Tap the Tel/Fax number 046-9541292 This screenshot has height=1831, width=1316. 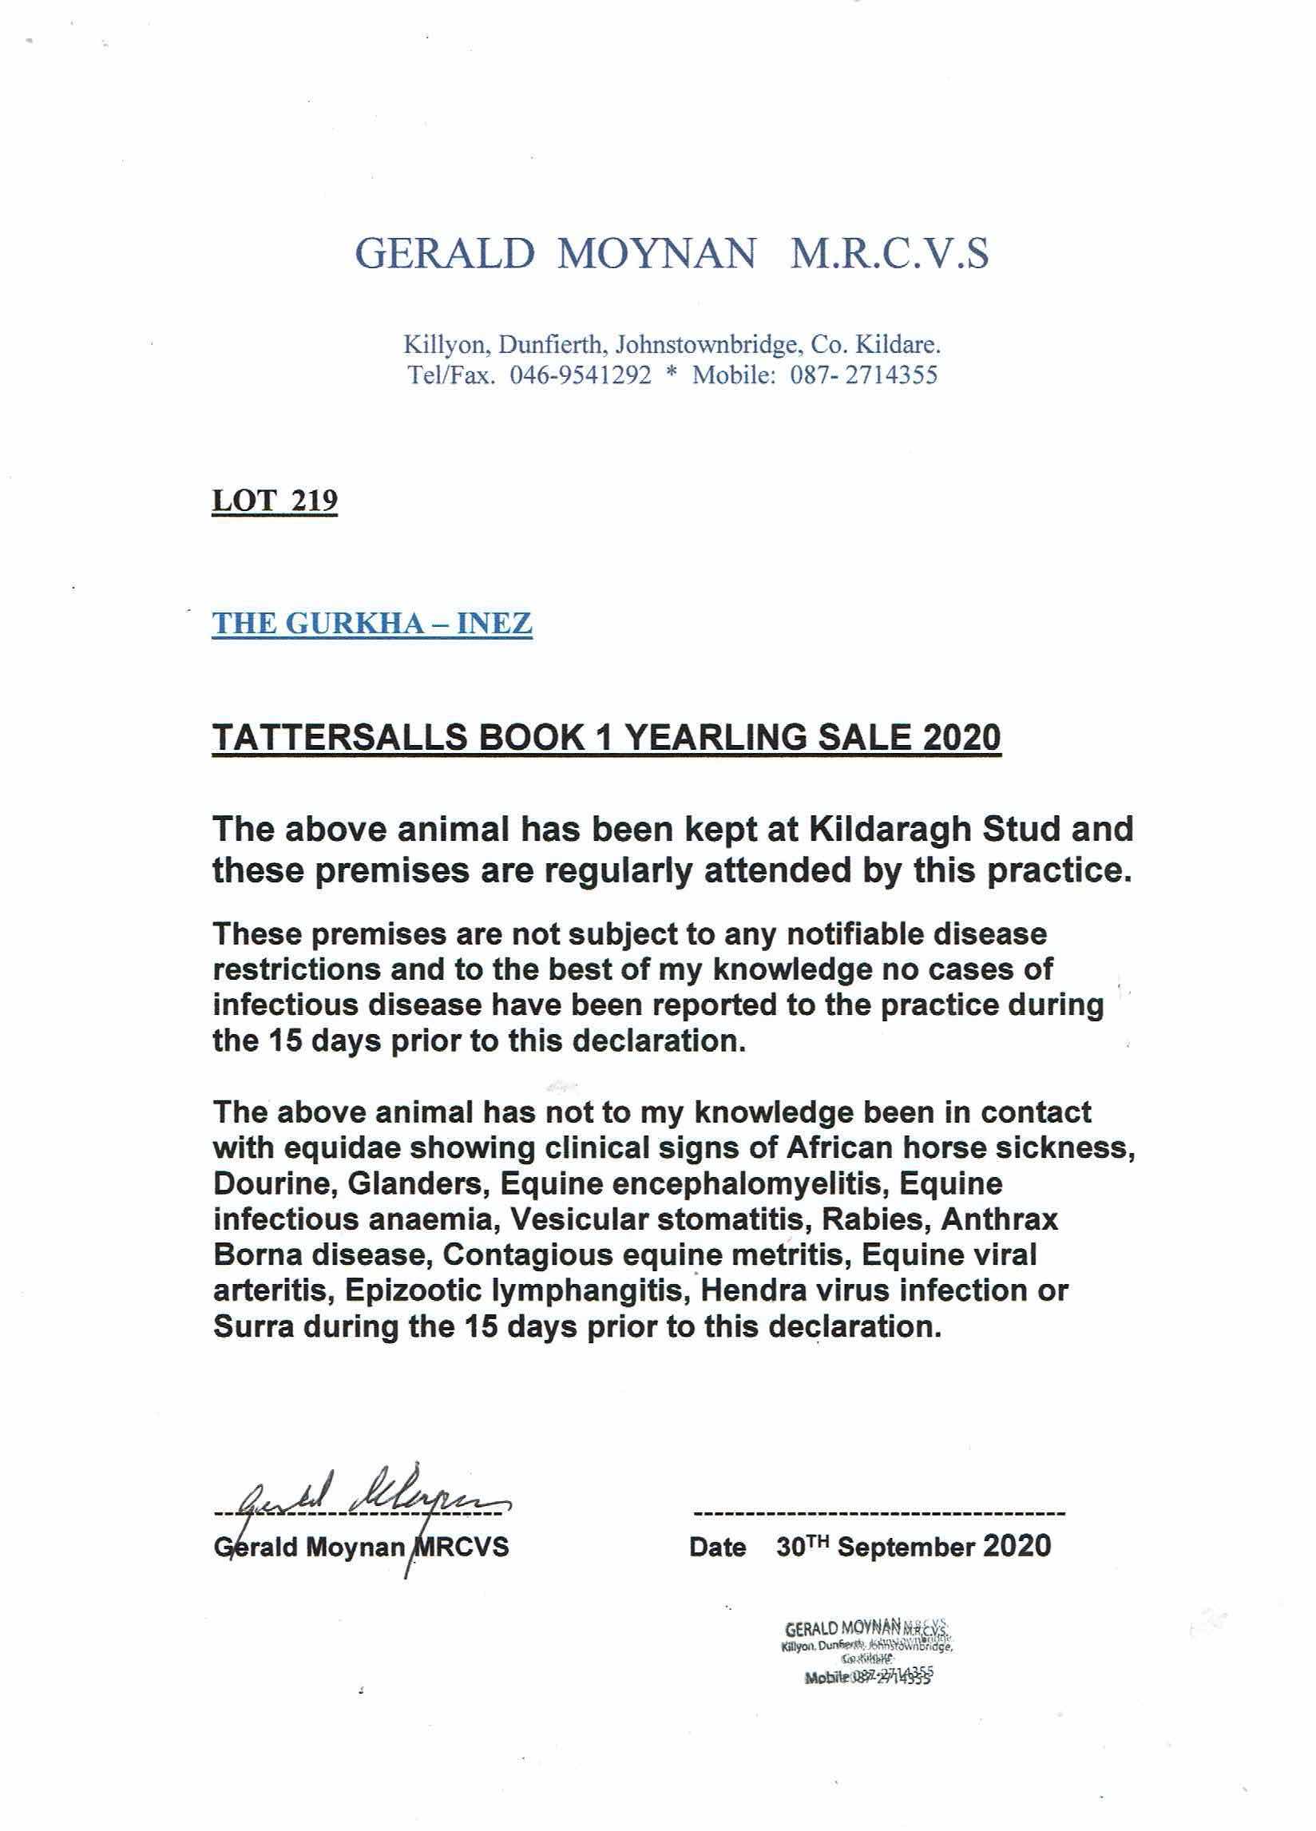(580, 376)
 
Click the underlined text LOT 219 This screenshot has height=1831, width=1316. (275, 501)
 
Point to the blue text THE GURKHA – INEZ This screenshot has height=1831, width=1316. (371, 624)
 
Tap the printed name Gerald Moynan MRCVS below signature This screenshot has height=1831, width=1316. (362, 1547)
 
